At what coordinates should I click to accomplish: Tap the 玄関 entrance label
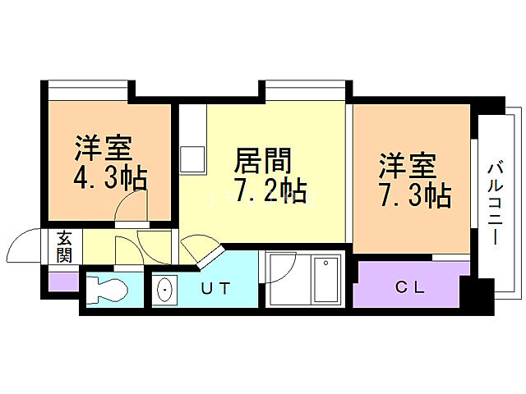[x=64, y=245]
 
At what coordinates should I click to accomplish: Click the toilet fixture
[x=106, y=290]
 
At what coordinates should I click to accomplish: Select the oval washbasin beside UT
[x=164, y=291]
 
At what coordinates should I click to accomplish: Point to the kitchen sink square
[x=193, y=156]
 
